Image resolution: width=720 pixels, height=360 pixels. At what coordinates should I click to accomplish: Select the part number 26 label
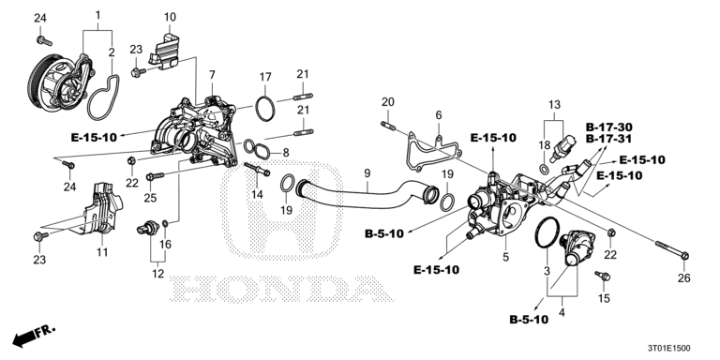684,277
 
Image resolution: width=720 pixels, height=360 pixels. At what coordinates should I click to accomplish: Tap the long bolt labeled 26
672,248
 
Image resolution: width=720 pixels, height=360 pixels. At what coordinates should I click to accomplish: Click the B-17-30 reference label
607,127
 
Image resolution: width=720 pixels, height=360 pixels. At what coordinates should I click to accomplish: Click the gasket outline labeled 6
433,152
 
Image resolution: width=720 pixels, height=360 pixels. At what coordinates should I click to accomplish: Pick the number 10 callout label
170,18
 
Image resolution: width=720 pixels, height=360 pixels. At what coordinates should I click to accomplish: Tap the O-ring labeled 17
265,110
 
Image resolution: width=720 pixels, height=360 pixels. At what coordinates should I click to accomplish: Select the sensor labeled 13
563,148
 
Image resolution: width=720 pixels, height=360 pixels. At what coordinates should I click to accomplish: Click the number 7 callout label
212,74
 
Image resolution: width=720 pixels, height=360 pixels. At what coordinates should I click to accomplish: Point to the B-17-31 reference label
607,138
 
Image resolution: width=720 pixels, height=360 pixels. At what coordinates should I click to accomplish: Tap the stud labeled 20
387,125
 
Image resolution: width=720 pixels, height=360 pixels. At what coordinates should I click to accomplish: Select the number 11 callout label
101,251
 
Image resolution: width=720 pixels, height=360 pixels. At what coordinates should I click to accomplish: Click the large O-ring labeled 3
547,232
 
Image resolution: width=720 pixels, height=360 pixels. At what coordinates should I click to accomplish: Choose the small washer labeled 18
544,170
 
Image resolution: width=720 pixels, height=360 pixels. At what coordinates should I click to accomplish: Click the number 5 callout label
505,257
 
